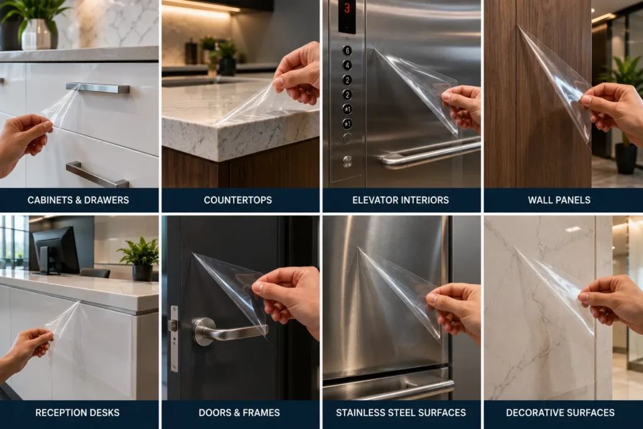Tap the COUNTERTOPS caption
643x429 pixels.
pos(238,200)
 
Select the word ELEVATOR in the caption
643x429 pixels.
pos(376,200)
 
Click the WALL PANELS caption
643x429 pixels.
pos(559,200)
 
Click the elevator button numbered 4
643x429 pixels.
pos(347,65)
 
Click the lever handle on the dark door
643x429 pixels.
pos(227,331)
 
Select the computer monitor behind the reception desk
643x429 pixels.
pos(56,250)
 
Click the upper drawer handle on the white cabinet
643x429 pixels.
pos(97,87)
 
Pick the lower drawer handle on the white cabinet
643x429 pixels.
pos(97,175)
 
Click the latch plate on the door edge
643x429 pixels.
pos(175,339)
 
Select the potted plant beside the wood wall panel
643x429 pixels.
pos(624,115)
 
